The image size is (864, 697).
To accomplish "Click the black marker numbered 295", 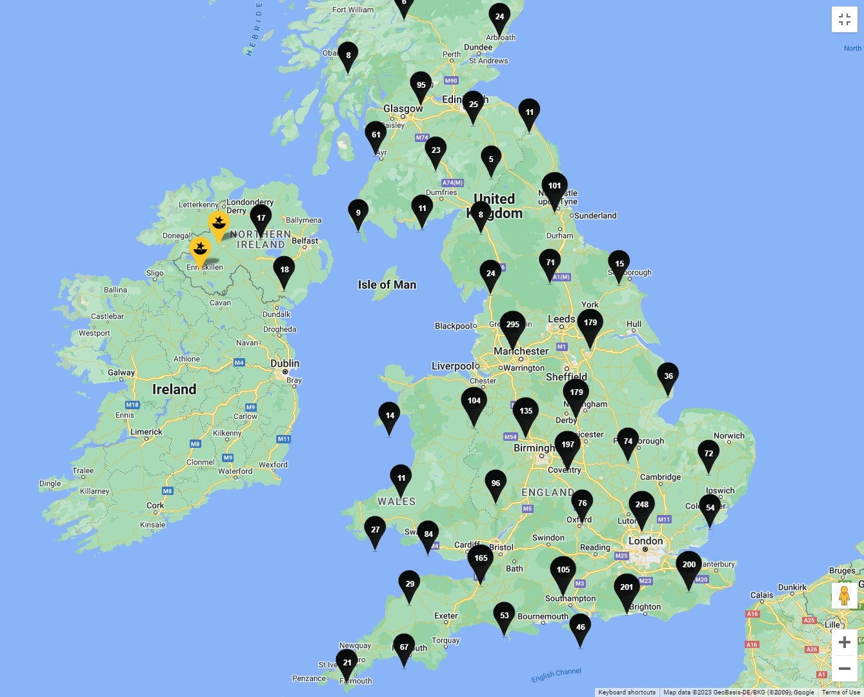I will (x=513, y=326).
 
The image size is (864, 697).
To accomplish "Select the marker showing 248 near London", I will (x=641, y=506).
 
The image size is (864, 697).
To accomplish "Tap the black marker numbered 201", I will (x=627, y=589).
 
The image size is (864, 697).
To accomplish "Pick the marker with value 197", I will (x=568, y=446).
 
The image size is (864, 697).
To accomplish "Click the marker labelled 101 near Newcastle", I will (x=554, y=187).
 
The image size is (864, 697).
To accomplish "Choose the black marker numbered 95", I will (x=421, y=86).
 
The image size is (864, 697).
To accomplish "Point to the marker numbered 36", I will (x=668, y=377).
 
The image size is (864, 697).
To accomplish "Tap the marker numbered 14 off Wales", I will (x=390, y=416).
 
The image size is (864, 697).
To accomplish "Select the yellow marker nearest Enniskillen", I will (x=200, y=249).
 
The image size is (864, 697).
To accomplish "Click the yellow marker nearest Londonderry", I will (x=219, y=224).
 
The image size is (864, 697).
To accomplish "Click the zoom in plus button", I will (x=844, y=642).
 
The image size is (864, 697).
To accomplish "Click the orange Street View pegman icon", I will (x=844, y=596).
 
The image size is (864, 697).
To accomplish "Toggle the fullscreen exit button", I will (x=844, y=19).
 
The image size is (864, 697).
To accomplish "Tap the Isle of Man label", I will (x=387, y=285).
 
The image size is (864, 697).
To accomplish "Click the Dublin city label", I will (x=285, y=363).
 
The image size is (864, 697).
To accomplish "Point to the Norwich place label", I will (x=729, y=436).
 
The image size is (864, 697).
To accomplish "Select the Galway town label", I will (x=121, y=372).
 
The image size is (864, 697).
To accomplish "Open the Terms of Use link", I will (x=840, y=692).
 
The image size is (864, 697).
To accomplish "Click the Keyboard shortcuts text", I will (x=627, y=692).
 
